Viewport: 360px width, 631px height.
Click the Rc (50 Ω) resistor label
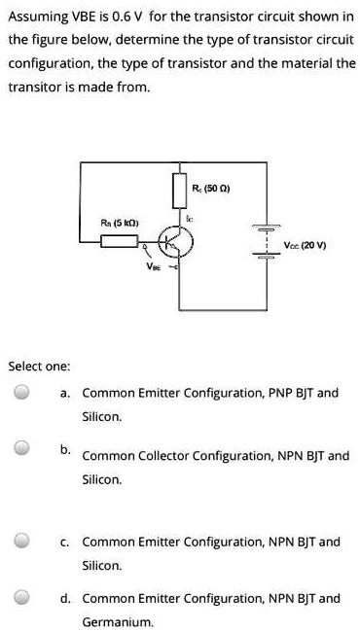(x=211, y=188)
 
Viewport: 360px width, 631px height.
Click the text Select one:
(x=38, y=367)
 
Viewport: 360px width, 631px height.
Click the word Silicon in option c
(x=102, y=565)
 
